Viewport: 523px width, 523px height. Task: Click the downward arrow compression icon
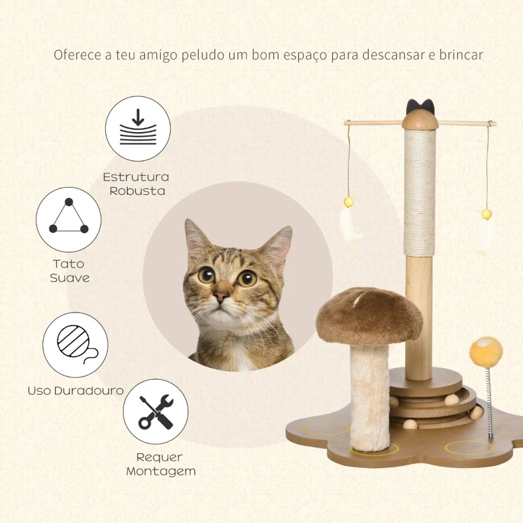[138, 129]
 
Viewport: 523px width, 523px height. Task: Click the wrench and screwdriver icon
[156, 411]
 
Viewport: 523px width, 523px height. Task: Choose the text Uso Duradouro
[75, 390]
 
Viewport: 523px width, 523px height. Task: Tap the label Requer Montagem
[160, 464]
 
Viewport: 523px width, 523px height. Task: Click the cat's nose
[222, 295]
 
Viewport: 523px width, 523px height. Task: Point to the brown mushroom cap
[369, 314]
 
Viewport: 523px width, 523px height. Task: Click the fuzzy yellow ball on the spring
[486, 352]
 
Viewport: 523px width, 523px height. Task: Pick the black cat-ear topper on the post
[420, 105]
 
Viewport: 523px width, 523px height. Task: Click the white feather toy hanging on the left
[350, 225]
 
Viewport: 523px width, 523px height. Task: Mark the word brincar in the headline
[462, 54]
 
